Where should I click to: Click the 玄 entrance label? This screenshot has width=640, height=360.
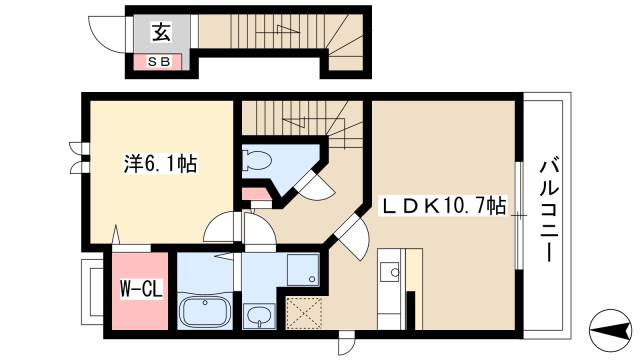(159, 32)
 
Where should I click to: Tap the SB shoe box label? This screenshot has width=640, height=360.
(159, 61)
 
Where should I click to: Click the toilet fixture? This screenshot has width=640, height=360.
(257, 160)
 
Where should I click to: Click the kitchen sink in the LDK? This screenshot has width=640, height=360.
(390, 271)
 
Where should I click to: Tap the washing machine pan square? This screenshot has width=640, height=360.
(304, 269)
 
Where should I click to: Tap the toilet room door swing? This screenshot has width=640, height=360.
(317, 190)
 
